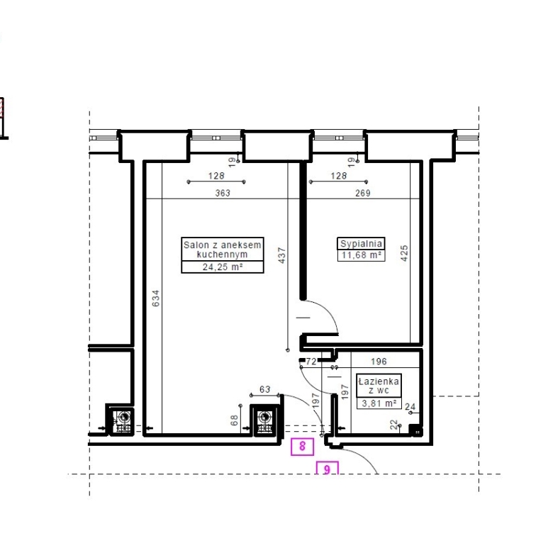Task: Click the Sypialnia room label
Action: click(361, 243)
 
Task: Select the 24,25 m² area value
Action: click(223, 267)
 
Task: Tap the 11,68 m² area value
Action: click(361, 255)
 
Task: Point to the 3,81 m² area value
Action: click(379, 403)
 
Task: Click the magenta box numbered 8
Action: click(302, 446)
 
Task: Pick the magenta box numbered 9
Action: click(328, 469)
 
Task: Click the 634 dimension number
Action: click(155, 298)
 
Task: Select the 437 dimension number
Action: click(281, 255)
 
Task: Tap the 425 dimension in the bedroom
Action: click(404, 253)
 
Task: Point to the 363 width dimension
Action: click(223, 193)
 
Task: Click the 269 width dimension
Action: click(363, 193)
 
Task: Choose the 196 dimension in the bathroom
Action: click(379, 361)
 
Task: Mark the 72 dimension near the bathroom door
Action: click(311, 361)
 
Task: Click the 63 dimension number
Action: click(265, 389)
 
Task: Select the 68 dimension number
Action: click(234, 420)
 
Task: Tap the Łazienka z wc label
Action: click(379, 386)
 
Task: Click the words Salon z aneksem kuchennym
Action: click(223, 250)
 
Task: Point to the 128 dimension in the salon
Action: click(216, 176)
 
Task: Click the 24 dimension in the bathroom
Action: click(410, 407)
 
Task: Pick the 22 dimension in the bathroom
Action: click(394, 424)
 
